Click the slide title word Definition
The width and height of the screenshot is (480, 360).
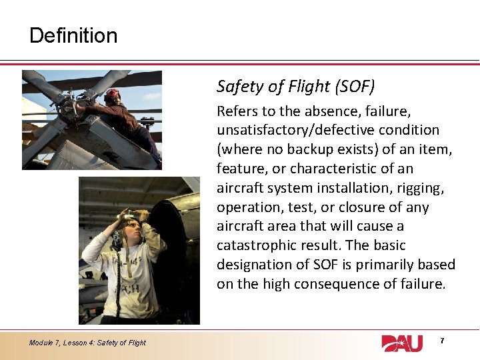pyautogui.click(x=73, y=35)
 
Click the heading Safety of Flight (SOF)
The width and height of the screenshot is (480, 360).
pyautogui.click(x=295, y=86)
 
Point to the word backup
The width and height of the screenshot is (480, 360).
pyautogui.click(x=320, y=149)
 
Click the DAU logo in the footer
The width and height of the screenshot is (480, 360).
pyautogui.click(x=402, y=343)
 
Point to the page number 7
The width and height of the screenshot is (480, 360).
pyautogui.click(x=441, y=341)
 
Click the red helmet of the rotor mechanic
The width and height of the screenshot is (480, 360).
pyautogui.click(x=113, y=95)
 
